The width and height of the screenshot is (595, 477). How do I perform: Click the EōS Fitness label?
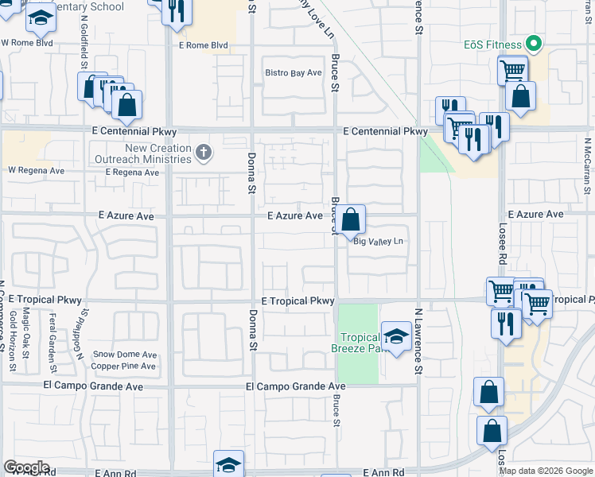click(x=493, y=45)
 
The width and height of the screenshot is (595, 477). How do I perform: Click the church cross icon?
click(x=204, y=153)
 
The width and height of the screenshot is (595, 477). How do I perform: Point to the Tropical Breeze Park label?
click(x=356, y=343)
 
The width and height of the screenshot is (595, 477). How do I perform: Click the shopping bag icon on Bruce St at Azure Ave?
click(x=349, y=219)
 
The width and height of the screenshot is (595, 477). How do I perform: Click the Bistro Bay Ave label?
click(x=293, y=73)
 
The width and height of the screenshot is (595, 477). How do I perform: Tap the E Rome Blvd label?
click(x=203, y=45)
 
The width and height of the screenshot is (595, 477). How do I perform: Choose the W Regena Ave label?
click(x=36, y=170)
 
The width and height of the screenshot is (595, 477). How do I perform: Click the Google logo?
click(x=26, y=467)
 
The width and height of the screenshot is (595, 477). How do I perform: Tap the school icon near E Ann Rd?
click(x=228, y=464)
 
